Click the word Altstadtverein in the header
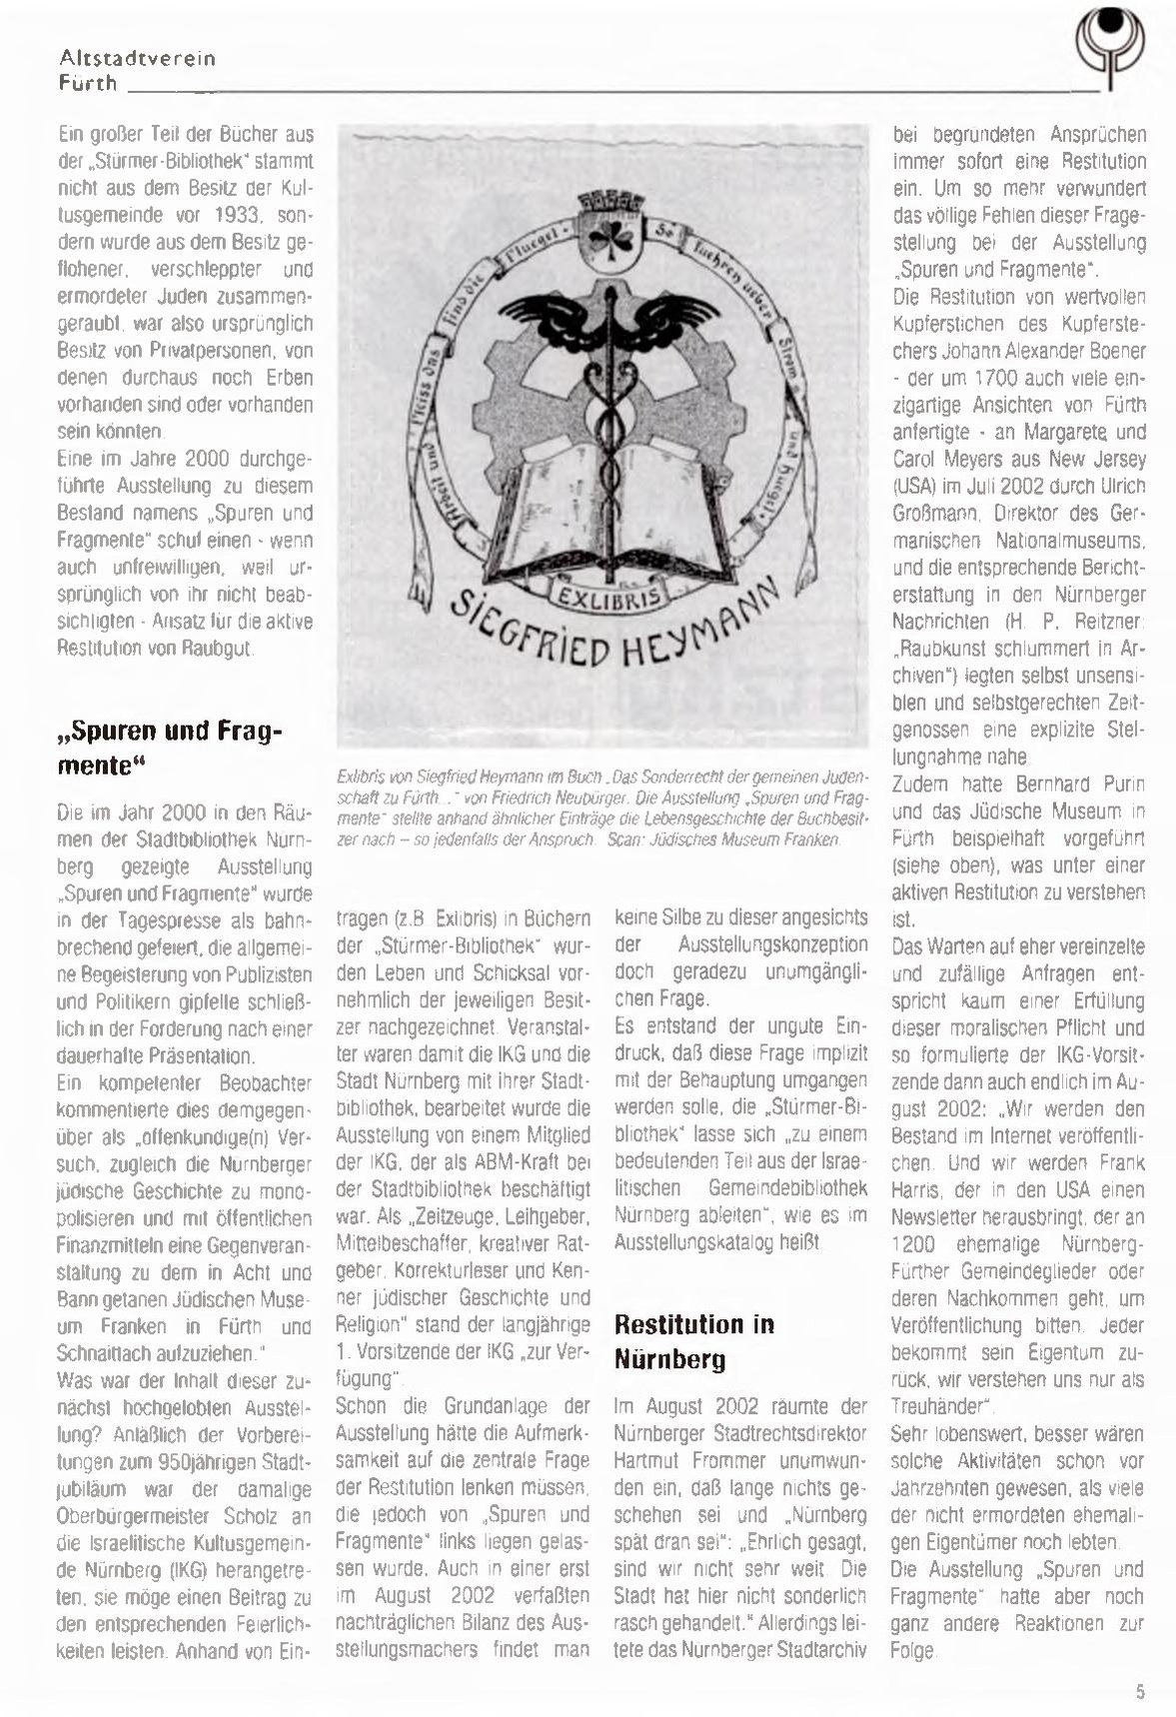pos(138,59)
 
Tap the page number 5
pos(1140,1691)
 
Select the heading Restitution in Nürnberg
pos(694,1341)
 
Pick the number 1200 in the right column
pos(912,1244)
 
